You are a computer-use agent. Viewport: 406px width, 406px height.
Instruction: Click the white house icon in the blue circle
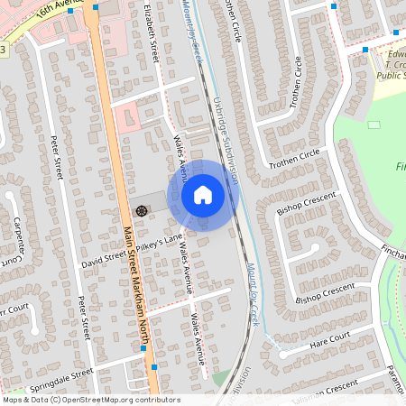pos(202,194)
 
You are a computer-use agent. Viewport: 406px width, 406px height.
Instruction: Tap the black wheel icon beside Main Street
pos(141,209)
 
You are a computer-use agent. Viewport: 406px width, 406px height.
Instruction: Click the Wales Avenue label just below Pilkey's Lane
pos(187,268)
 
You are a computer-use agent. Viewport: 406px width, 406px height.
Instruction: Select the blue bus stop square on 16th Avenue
pos(70,13)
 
